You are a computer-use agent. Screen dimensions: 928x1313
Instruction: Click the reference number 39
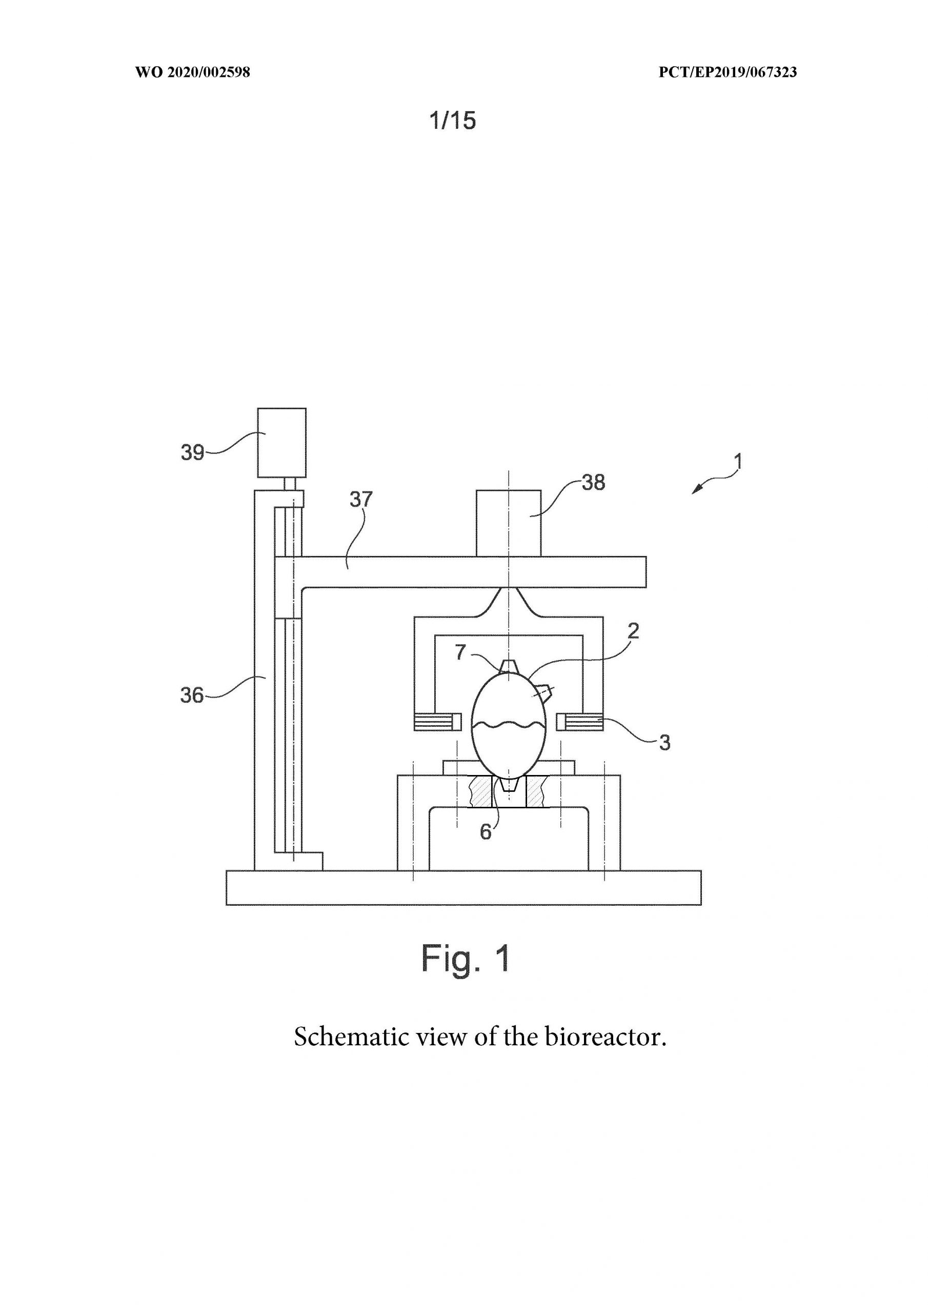193,452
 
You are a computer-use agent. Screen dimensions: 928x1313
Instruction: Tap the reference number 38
594,482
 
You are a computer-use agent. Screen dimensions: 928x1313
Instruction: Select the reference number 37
361,499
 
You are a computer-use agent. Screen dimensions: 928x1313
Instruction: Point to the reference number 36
192,695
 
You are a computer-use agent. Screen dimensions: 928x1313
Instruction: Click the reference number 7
460,652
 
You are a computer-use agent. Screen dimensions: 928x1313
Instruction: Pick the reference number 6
486,832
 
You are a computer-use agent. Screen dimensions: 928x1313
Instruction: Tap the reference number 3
664,743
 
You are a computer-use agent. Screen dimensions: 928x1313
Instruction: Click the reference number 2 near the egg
633,631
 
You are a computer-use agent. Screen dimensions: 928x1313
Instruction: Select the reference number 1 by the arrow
738,461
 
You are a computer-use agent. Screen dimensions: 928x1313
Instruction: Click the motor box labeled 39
282,443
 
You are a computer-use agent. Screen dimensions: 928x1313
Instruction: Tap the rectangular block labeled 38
509,523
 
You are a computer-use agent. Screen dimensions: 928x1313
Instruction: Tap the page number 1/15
452,121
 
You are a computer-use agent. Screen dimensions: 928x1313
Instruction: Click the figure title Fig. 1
466,958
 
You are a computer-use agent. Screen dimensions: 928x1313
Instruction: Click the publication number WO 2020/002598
193,72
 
